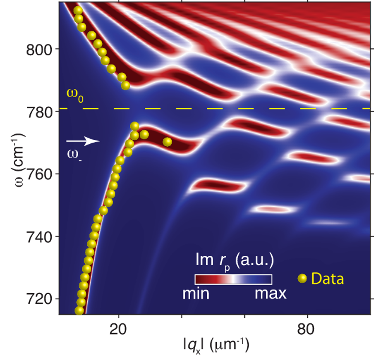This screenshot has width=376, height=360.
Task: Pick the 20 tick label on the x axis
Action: tap(119, 328)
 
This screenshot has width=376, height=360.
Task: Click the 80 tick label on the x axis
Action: tap(308, 328)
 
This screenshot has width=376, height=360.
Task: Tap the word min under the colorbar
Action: tap(196, 294)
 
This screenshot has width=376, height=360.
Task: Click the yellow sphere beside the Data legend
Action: tap(303, 279)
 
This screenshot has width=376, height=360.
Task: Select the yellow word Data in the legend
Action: tap(327, 279)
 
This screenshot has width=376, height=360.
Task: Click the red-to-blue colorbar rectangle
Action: tap(233, 279)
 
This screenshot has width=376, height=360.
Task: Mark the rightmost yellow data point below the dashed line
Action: tap(168, 142)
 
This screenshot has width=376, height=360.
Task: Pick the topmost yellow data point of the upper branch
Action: tap(77, 10)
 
